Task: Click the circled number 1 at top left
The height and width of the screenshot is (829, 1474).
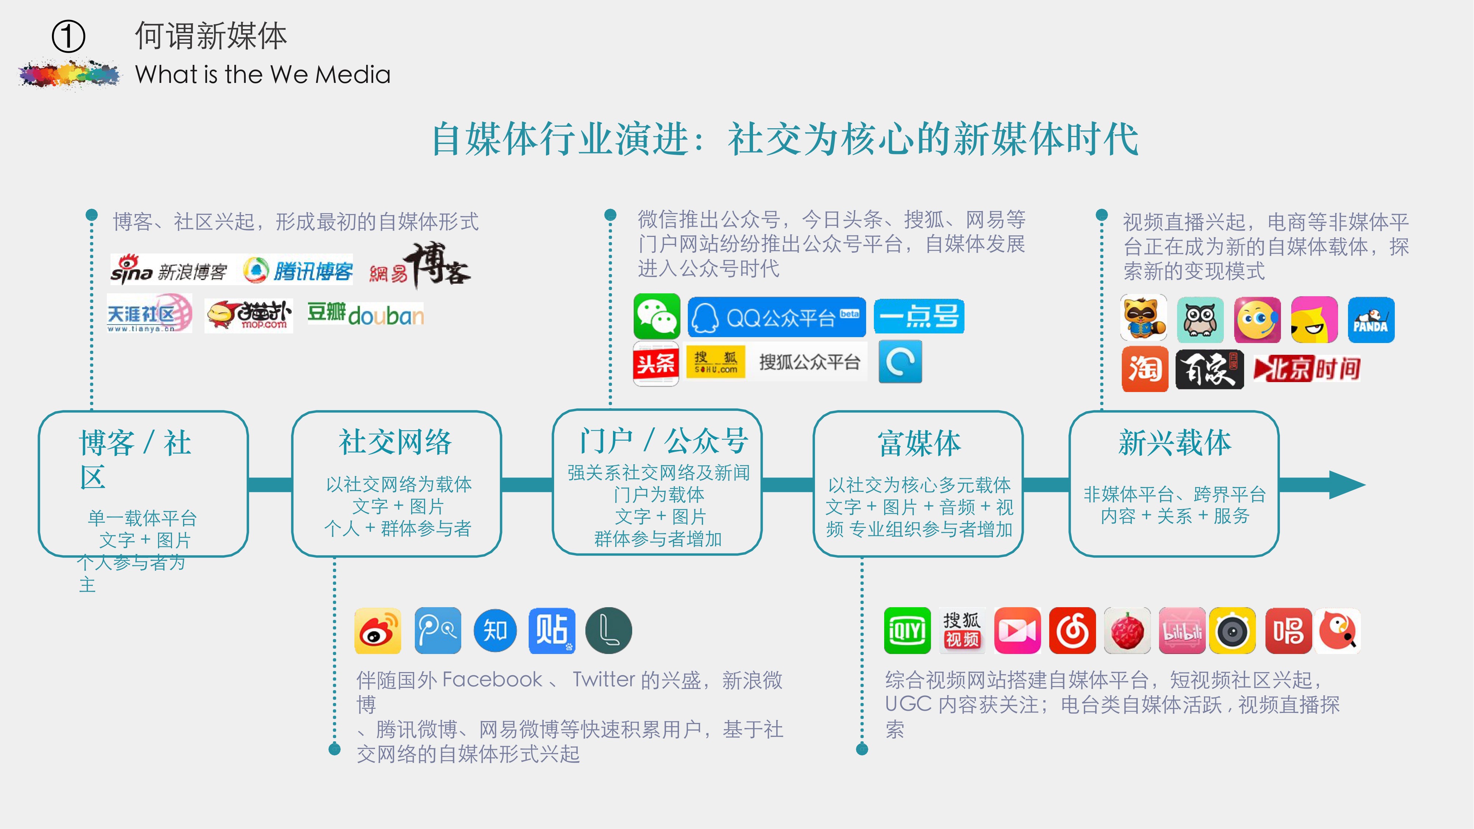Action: [68, 36]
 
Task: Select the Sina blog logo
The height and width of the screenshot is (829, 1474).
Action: [169, 270]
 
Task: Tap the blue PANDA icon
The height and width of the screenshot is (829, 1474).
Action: [1371, 320]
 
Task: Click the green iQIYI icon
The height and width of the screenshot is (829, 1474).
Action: [907, 630]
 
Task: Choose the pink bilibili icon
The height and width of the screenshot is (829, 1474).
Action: [1182, 630]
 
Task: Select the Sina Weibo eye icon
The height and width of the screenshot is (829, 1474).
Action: [378, 630]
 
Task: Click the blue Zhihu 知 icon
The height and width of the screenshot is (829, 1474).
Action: [495, 630]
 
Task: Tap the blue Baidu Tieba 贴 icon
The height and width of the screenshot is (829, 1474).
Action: [552, 630]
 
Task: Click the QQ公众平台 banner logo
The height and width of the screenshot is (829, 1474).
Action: [777, 317]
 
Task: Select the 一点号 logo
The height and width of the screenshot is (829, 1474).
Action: [919, 316]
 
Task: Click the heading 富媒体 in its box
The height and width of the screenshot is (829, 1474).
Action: [920, 443]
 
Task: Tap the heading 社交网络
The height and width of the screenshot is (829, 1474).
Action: [395, 442]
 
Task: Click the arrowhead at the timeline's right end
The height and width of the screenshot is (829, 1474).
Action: [1348, 485]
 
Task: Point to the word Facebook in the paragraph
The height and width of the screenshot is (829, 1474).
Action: [492, 679]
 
